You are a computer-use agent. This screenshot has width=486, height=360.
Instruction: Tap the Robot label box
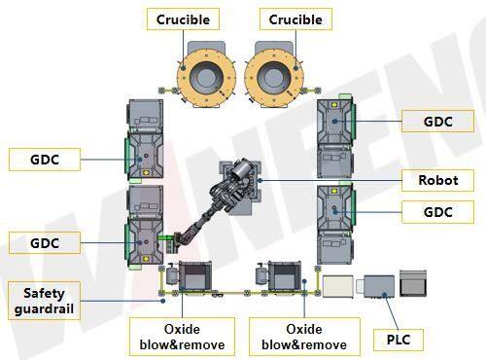coord(437,179)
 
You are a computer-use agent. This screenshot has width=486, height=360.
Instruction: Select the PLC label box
coord(397,340)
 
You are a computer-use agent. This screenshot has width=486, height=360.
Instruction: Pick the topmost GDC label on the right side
coord(437,122)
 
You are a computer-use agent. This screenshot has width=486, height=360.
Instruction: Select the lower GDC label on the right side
coord(437,211)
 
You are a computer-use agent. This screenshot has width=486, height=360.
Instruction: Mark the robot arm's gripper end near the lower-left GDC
coord(172,237)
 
